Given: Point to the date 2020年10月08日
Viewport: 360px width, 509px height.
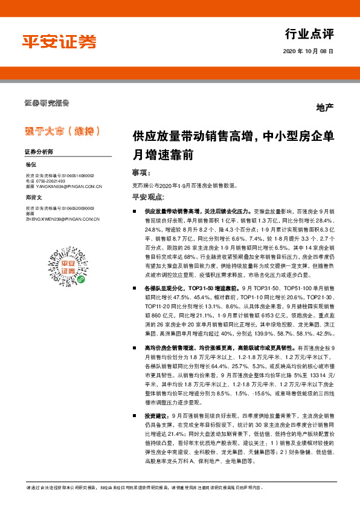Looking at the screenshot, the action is pos(308,52).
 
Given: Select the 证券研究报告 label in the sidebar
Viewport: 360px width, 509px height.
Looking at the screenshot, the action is pos(47,102).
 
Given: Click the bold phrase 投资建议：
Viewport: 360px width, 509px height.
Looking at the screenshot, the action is pos(158,417).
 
